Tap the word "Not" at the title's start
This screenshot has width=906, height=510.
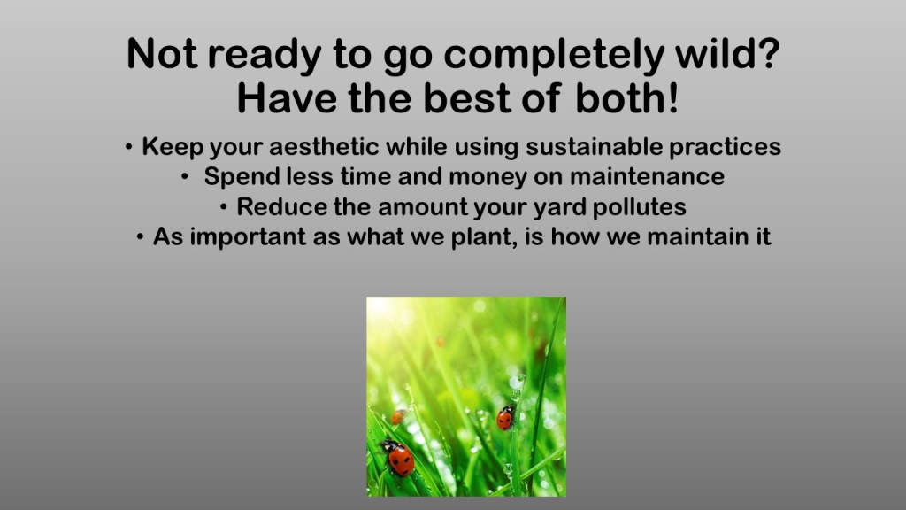click(x=162, y=53)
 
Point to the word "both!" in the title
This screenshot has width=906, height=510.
click(x=626, y=98)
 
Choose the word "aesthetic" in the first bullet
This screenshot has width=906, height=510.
click(x=324, y=146)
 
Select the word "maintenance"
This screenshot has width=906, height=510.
click(x=647, y=176)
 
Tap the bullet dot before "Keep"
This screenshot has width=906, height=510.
click(x=129, y=147)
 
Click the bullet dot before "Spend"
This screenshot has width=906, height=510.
click(x=185, y=177)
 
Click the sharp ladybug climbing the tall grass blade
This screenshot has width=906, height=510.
click(x=505, y=418)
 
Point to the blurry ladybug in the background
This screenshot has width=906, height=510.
click(x=397, y=416)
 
